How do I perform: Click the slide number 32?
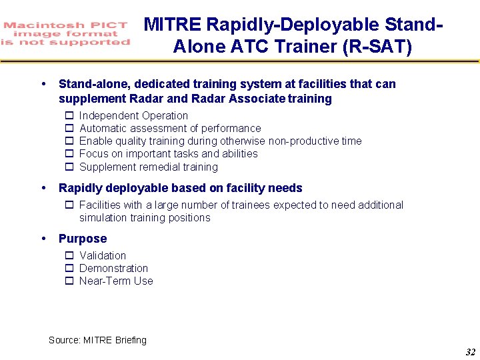tap(469, 352)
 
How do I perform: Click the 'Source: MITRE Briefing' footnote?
tap(97, 340)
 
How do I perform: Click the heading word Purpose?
tap(83, 239)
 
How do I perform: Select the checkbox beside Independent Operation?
tap(69, 116)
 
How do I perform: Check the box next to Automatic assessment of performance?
tap(69, 129)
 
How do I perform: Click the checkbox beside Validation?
tap(69, 256)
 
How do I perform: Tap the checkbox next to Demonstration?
tap(69, 269)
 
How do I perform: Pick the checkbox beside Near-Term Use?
tap(69, 281)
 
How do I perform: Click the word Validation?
tap(103, 256)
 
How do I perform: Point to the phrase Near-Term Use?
tap(116, 281)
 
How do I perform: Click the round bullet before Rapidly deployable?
tap(43, 188)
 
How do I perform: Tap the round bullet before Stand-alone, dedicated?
tap(43, 84)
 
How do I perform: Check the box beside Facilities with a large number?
tap(69, 205)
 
